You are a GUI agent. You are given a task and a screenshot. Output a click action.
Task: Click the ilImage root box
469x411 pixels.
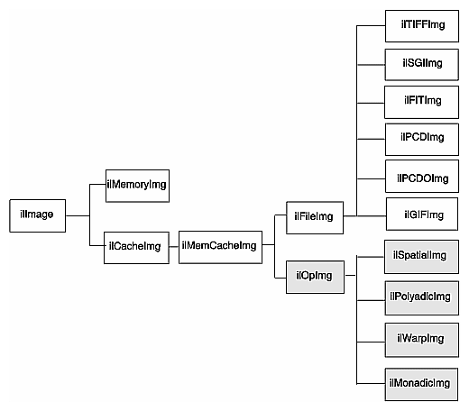coord(36,215)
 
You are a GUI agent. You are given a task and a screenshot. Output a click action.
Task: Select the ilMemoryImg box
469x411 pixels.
coord(137,185)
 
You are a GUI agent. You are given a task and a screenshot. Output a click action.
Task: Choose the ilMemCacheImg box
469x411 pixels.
coord(219,245)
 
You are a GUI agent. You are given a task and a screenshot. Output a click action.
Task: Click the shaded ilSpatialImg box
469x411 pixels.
coord(419,256)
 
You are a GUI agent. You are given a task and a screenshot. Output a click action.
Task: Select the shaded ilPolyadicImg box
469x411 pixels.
coord(419,297)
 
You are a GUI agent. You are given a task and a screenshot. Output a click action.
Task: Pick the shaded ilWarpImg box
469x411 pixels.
coord(419,338)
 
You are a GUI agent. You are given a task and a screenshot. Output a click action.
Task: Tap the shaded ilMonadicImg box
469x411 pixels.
coord(419,383)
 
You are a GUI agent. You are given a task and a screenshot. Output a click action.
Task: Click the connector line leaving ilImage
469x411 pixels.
coord(78,215)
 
